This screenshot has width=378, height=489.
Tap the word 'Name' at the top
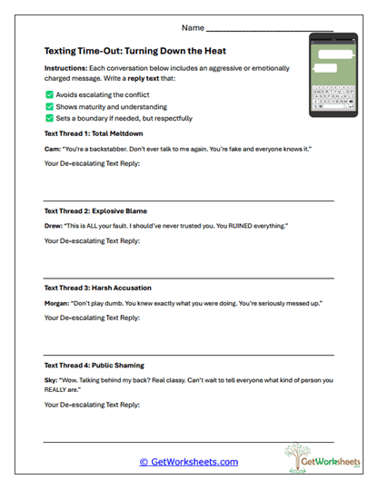click(193, 28)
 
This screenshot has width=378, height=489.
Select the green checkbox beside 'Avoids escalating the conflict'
click(48, 94)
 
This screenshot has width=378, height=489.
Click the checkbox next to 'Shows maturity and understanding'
click(48, 106)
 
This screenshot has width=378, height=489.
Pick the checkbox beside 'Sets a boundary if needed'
click(48, 118)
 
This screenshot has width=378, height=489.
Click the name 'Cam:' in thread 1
click(52, 149)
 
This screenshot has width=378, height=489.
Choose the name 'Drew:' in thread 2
click(54, 226)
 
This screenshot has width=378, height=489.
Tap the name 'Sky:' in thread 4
click(51, 379)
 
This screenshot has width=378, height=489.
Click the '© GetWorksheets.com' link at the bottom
click(188, 462)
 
